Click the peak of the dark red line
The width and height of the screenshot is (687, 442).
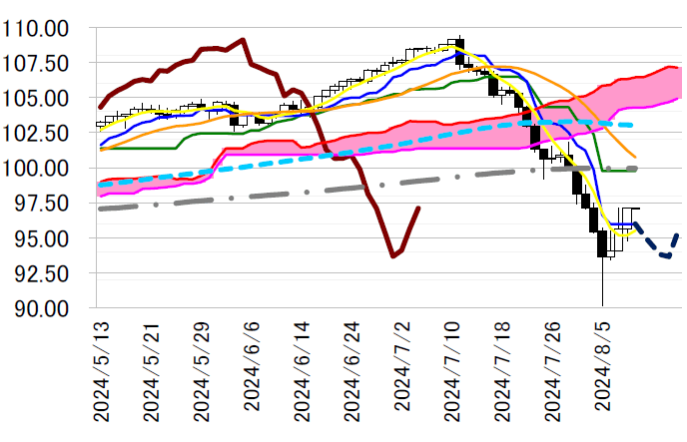tap(243, 40)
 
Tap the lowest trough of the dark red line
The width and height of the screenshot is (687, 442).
tap(393, 256)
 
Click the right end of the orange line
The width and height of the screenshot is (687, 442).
tap(636, 157)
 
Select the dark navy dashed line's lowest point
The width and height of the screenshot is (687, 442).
tap(667, 256)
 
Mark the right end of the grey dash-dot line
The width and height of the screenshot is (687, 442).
tap(637, 169)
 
